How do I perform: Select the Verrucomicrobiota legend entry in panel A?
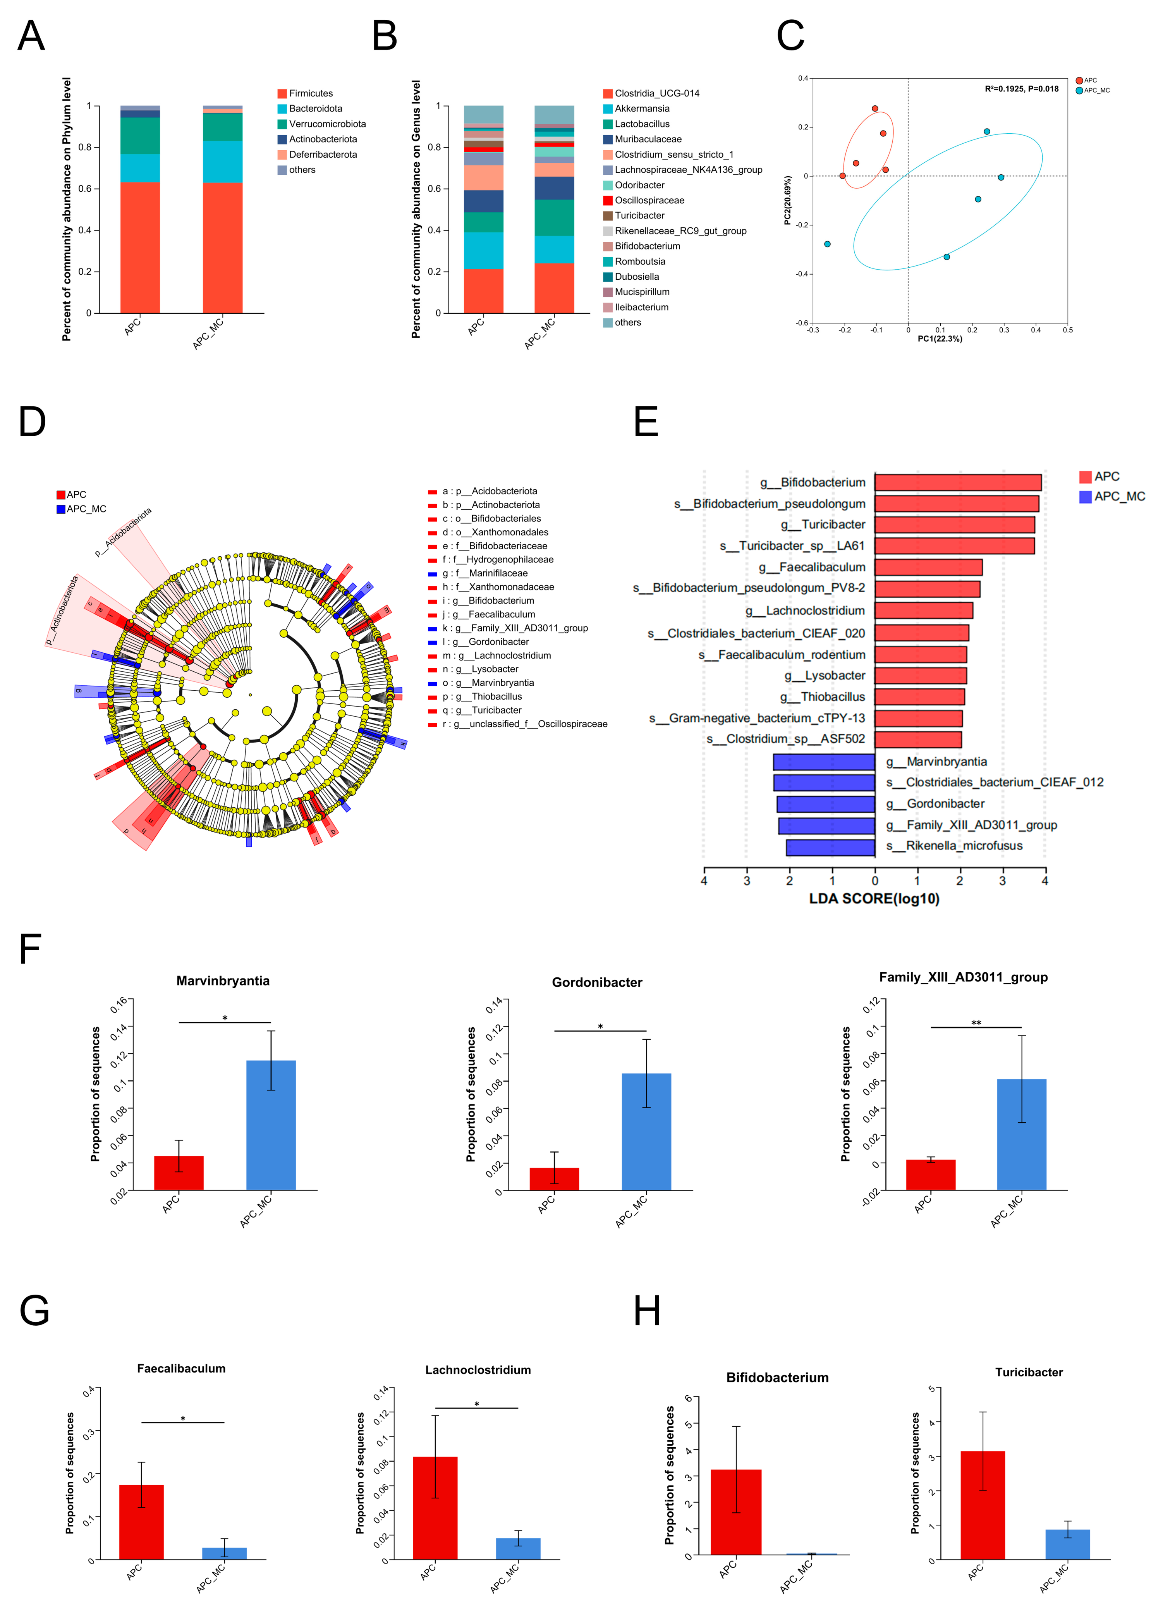pyautogui.click(x=327, y=124)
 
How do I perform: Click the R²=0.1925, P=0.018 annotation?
pyautogui.click(x=1020, y=89)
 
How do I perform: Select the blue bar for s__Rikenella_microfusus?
pyautogui.click(x=830, y=847)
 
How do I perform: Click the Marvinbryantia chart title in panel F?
pyautogui.click(x=223, y=981)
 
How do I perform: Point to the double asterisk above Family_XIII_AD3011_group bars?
pyautogui.click(x=976, y=1023)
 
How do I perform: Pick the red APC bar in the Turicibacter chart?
pyautogui.click(x=982, y=1505)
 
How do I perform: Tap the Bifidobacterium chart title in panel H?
pyautogui.click(x=777, y=1378)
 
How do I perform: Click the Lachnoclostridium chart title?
pyautogui.click(x=478, y=1370)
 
